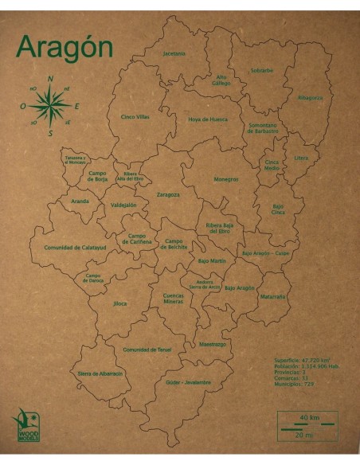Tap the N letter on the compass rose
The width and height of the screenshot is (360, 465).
pyautogui.click(x=50, y=79)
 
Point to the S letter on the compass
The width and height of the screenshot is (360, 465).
pyautogui.click(x=50, y=133)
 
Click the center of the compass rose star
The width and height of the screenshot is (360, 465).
pyautogui.click(x=51, y=105)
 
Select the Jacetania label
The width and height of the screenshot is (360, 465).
pyautogui.click(x=174, y=53)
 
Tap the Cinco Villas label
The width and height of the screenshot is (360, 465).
pyautogui.click(x=135, y=117)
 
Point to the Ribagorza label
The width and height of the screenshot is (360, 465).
pyautogui.click(x=310, y=98)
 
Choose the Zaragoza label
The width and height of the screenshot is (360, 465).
pyautogui.click(x=168, y=194)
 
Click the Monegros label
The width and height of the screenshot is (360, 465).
pyautogui.click(x=225, y=179)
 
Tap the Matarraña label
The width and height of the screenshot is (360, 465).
pyautogui.click(x=272, y=296)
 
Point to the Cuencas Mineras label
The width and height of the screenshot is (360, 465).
pyautogui.click(x=173, y=299)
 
